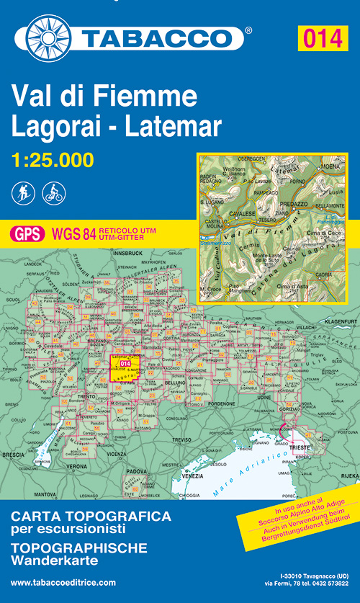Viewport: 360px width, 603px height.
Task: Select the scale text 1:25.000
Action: click(52, 160)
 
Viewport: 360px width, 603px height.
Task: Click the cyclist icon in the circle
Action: click(54, 192)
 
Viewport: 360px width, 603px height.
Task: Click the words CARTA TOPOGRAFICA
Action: click(91, 517)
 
